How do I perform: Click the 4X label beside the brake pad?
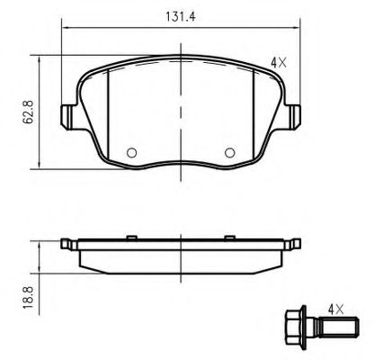pos(278,63)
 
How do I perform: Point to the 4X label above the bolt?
pos(336,309)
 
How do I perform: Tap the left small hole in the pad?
pos(131,151)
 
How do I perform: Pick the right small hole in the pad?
pos(229,151)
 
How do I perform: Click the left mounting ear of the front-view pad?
pos(67,116)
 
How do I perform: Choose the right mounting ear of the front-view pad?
pos(294,116)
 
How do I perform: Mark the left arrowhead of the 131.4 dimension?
pos(66,30)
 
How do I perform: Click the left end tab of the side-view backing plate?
pos(65,244)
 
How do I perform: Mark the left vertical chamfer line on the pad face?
pos(107,117)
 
